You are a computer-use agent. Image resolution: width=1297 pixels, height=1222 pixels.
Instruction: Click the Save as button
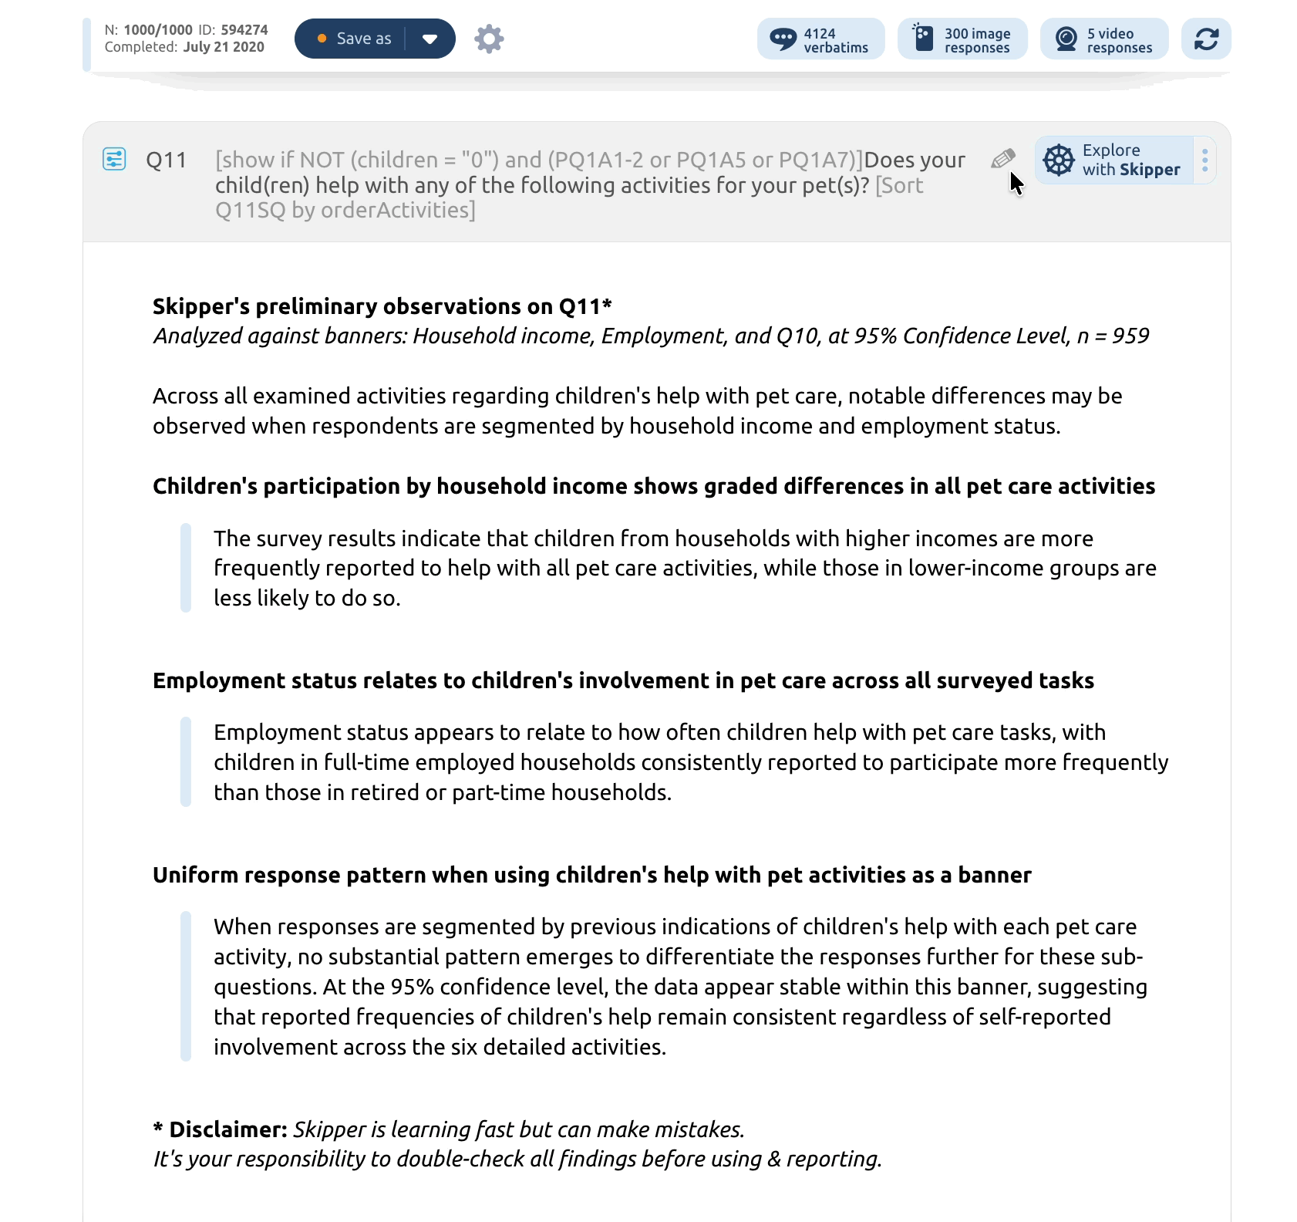pos(354,39)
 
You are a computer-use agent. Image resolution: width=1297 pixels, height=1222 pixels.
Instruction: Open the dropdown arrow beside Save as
pos(430,39)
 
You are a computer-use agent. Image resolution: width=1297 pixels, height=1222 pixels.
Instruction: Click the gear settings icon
pos(489,39)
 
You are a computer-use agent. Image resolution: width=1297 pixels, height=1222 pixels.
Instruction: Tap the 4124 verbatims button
pos(820,39)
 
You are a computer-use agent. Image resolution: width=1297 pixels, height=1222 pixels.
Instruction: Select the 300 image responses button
pos(962,39)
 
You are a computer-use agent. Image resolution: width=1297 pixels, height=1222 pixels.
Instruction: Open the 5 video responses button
pos(1103,39)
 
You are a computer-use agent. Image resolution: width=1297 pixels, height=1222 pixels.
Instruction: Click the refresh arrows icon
pos(1205,39)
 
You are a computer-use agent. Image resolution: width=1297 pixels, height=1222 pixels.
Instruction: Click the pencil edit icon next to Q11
pos(1002,159)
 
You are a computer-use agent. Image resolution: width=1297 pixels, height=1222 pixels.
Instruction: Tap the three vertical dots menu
pos(1204,160)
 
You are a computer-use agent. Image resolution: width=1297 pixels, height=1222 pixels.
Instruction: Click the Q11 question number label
pos(166,160)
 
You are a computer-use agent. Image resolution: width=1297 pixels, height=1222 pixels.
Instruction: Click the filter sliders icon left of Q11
pos(114,159)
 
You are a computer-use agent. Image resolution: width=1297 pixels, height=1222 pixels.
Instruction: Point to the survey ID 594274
pos(244,30)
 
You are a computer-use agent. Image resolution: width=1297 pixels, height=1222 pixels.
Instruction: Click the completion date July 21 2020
pos(224,47)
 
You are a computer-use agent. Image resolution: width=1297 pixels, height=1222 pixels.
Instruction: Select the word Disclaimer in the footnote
pos(228,1129)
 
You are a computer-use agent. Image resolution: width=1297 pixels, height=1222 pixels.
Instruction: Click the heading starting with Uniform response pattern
pos(591,875)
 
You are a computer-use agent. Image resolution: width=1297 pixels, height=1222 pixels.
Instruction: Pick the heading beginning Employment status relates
pos(623,680)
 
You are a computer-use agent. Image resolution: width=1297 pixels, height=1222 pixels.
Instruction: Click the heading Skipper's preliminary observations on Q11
pos(382,306)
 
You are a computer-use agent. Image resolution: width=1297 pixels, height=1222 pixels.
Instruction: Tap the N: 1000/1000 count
pos(157,30)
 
